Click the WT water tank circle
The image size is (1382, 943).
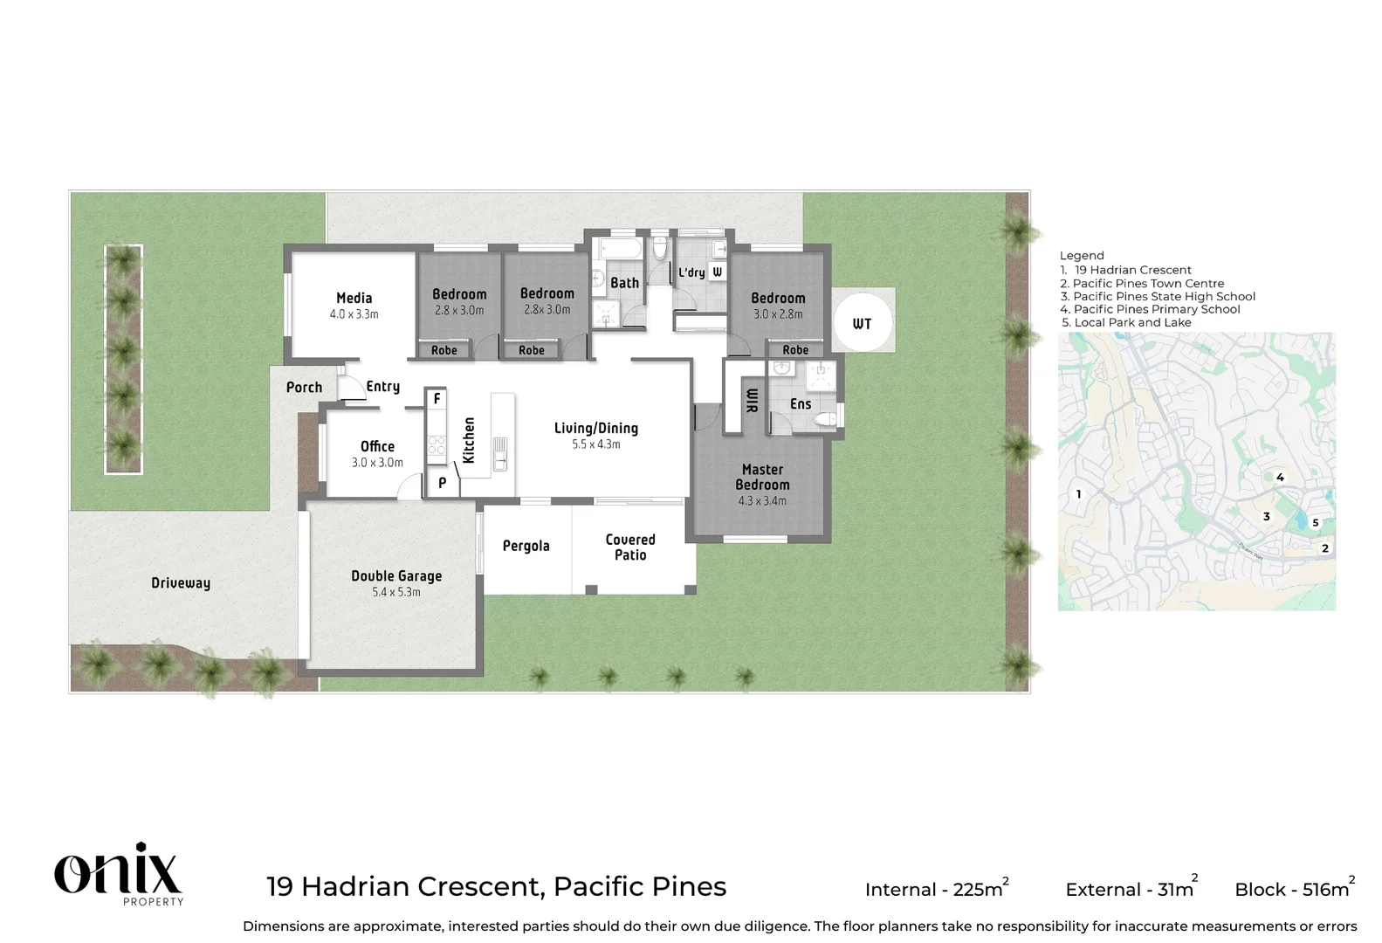point(862,323)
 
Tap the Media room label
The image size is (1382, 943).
point(354,299)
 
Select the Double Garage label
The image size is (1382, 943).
point(396,576)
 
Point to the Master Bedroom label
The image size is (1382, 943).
point(762,477)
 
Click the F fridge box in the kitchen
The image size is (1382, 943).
point(437,399)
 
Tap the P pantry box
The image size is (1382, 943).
point(443,483)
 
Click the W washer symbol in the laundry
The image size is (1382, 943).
point(717,272)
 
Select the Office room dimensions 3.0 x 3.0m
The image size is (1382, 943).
point(377,463)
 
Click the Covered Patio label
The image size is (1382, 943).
point(630,547)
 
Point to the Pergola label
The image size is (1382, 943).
point(526,547)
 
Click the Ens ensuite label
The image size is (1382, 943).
point(801,404)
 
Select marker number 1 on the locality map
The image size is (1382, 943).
point(1078,494)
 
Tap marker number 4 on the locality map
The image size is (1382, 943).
point(1280,477)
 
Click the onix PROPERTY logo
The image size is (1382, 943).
point(119,874)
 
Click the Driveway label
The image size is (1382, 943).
point(181,583)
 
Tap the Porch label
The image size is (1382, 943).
point(304,388)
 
